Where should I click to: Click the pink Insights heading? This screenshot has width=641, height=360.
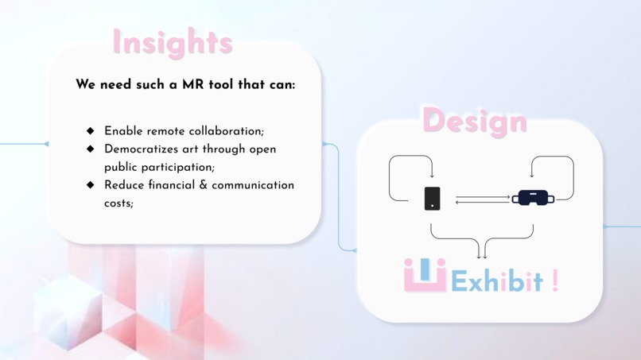point(172,42)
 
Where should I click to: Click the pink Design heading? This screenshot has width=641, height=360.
point(474,122)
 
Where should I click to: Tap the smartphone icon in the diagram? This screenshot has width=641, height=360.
point(432,198)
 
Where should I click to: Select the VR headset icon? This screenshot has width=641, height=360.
point(532,197)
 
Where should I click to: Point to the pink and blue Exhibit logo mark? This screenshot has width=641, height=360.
point(425,275)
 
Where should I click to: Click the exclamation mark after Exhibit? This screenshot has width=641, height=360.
point(555,281)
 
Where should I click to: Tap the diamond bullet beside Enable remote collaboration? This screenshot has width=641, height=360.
point(90,130)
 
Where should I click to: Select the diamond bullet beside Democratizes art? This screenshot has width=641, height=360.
point(90,149)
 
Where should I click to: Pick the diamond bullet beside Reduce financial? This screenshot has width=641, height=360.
point(90,184)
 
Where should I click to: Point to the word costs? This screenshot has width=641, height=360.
point(118,203)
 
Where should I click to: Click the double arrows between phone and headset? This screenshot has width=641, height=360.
point(483,199)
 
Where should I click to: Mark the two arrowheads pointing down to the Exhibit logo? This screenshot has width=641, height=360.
point(481,255)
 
